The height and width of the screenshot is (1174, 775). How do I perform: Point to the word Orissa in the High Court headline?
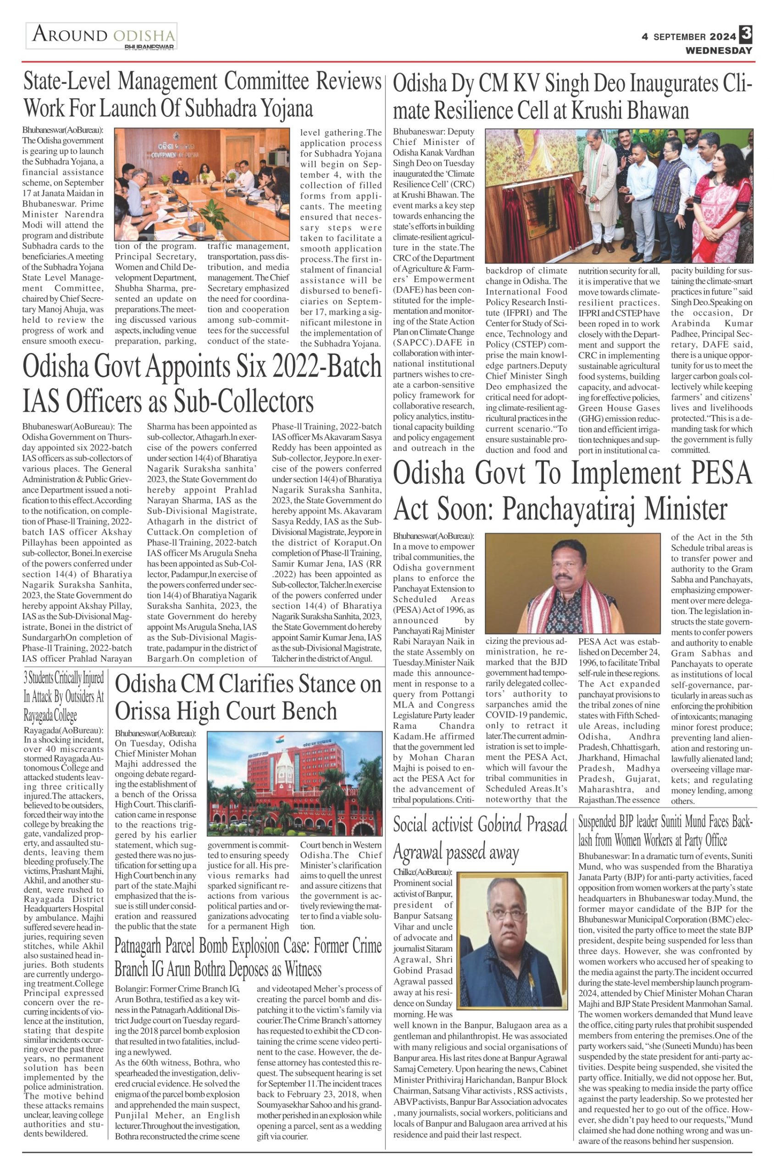coord(147,711)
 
